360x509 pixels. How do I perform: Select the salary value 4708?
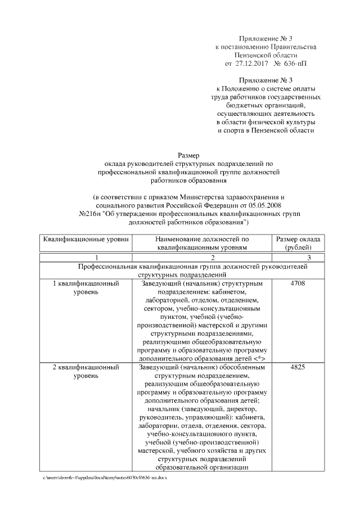[x=298, y=284]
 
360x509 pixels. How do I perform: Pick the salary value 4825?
[x=298, y=367]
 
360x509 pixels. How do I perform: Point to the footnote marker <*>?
[x=259, y=358]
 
